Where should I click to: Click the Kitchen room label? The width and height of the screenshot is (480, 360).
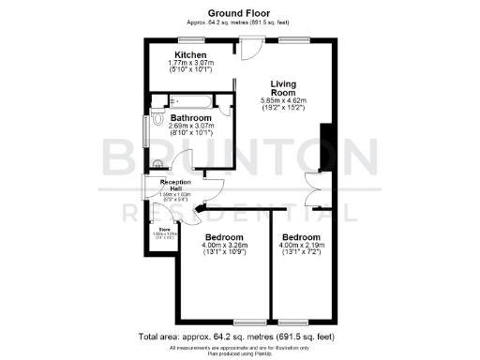pos(193,56)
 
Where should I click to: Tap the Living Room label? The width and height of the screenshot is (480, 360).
pos(283,88)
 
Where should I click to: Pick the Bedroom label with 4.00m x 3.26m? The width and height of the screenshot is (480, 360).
pos(225,238)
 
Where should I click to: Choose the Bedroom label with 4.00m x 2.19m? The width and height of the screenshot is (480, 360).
pos(302,238)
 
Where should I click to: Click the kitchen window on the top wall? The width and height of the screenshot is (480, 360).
pos(192,38)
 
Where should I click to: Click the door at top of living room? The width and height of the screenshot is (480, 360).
pos(247,45)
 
